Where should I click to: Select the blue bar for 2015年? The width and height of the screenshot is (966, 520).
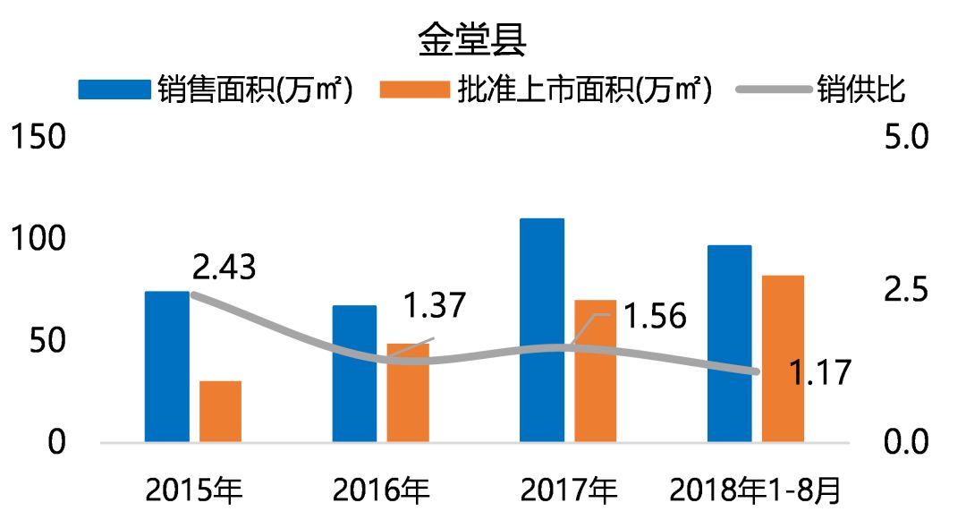[x=167, y=366]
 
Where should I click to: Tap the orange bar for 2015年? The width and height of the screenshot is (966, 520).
[x=220, y=411]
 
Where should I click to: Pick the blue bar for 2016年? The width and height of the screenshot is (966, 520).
[x=354, y=373]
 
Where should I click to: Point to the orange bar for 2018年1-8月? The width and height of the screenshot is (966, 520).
[x=783, y=358]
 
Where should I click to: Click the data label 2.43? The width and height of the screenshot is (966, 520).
[x=224, y=267]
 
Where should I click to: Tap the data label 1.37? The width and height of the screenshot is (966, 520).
[x=434, y=306]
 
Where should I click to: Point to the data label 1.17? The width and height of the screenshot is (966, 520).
[x=820, y=372]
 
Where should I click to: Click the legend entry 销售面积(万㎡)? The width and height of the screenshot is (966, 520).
[x=216, y=90]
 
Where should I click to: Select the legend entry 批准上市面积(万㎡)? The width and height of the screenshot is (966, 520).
[x=547, y=90]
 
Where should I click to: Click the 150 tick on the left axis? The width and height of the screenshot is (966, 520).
[x=37, y=139]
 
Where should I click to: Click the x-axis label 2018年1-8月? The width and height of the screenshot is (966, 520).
[x=755, y=490]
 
